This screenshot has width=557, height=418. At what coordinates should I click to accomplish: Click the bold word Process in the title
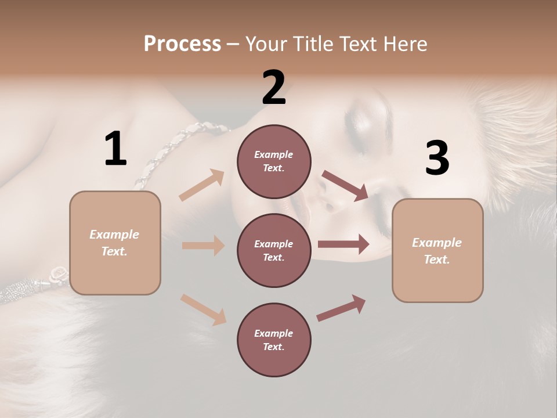[182, 44]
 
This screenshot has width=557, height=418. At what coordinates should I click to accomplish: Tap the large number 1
[115, 149]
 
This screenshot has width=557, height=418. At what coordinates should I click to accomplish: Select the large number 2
[274, 88]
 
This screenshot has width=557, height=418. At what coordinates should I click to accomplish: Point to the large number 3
[437, 158]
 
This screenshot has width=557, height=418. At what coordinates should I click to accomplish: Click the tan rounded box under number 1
[115, 243]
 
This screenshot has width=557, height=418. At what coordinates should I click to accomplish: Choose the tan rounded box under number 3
[437, 251]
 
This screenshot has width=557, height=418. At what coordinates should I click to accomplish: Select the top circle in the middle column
[274, 161]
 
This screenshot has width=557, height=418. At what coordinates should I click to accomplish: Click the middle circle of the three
[274, 251]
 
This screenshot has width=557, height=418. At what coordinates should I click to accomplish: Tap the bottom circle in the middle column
[274, 340]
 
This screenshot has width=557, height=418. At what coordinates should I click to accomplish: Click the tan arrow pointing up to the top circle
[202, 185]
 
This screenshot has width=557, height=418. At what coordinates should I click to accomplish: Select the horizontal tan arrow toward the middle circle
[203, 246]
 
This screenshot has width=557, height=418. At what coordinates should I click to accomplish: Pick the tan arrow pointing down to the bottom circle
[203, 309]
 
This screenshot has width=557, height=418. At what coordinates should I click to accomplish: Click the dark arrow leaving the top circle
[345, 185]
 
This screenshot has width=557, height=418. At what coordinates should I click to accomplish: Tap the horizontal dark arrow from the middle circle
[343, 244]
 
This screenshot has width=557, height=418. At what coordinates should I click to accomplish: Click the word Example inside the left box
[114, 235]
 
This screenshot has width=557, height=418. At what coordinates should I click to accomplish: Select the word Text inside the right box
[437, 260]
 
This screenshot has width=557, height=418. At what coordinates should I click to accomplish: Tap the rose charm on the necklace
[59, 272]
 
